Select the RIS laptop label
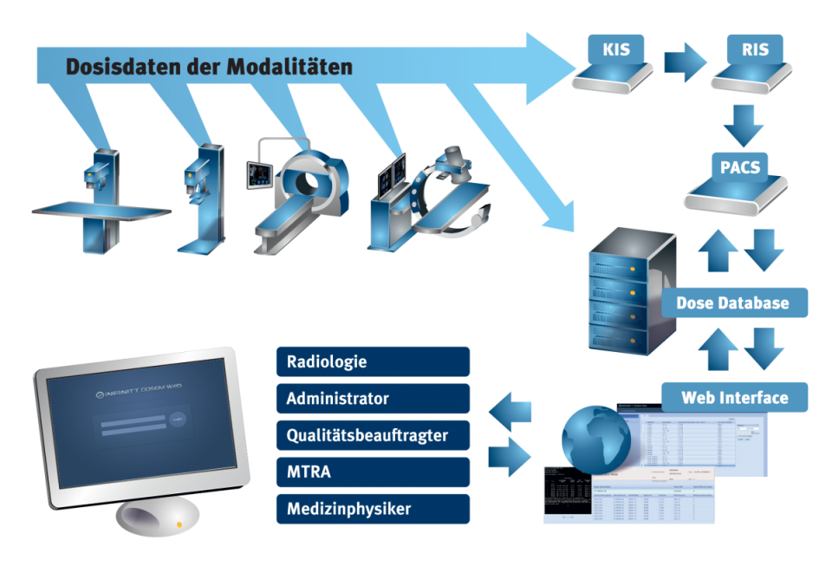[755, 50]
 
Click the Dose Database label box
[732, 303]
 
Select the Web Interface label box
[734, 398]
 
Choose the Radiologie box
[374, 361]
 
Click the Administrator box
[374, 399]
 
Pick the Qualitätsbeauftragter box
[374, 435]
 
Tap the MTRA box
[374, 472]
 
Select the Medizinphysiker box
[374, 509]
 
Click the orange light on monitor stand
[179, 524]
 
